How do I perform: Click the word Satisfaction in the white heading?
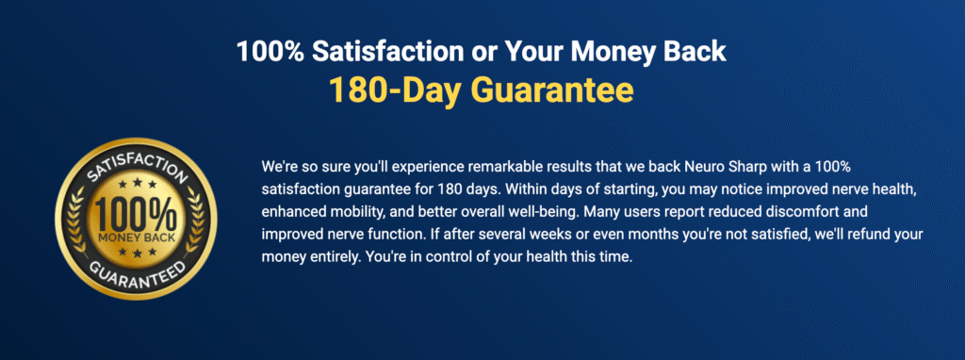(x=394, y=52)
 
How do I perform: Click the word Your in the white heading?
(x=538, y=52)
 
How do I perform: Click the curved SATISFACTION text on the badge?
(x=136, y=166)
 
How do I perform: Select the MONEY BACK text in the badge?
(x=136, y=237)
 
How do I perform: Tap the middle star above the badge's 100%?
(x=136, y=184)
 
